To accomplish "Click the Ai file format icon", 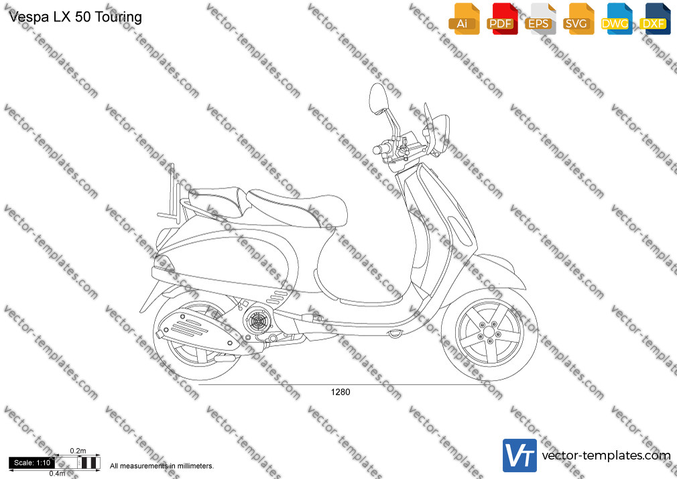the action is point(464,19).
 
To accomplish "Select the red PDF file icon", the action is point(502,19).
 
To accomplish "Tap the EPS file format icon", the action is point(540,19).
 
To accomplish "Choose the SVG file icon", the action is point(578,19).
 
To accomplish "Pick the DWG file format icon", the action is point(617,19).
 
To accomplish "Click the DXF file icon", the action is point(655,19).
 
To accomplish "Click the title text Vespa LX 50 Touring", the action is point(76,17).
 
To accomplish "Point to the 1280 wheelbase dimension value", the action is point(341,392).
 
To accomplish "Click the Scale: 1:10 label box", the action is point(32,463).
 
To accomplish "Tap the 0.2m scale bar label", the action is point(78,451).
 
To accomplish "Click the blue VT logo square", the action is point(520,456).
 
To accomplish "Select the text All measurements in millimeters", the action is point(162,466).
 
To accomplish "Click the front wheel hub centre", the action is point(489,332).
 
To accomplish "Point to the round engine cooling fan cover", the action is point(257,320).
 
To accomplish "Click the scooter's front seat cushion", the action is point(298,207).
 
